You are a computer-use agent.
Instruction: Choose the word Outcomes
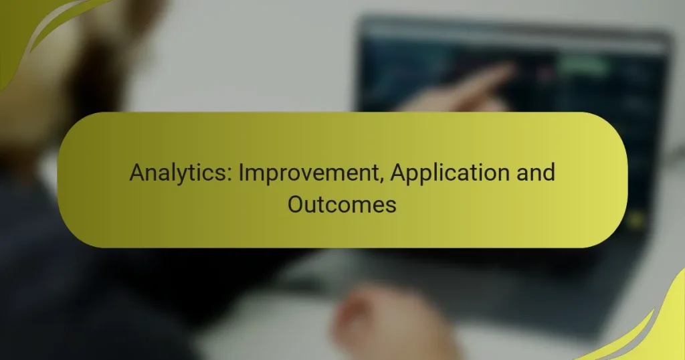(x=342, y=204)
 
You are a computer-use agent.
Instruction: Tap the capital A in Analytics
(x=137, y=173)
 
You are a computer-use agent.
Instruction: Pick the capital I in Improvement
(x=242, y=173)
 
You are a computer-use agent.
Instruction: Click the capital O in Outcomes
(x=296, y=204)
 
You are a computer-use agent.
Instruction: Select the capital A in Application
(x=399, y=173)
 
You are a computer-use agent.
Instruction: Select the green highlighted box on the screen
(x=582, y=65)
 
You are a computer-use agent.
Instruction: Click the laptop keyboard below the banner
(x=468, y=268)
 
